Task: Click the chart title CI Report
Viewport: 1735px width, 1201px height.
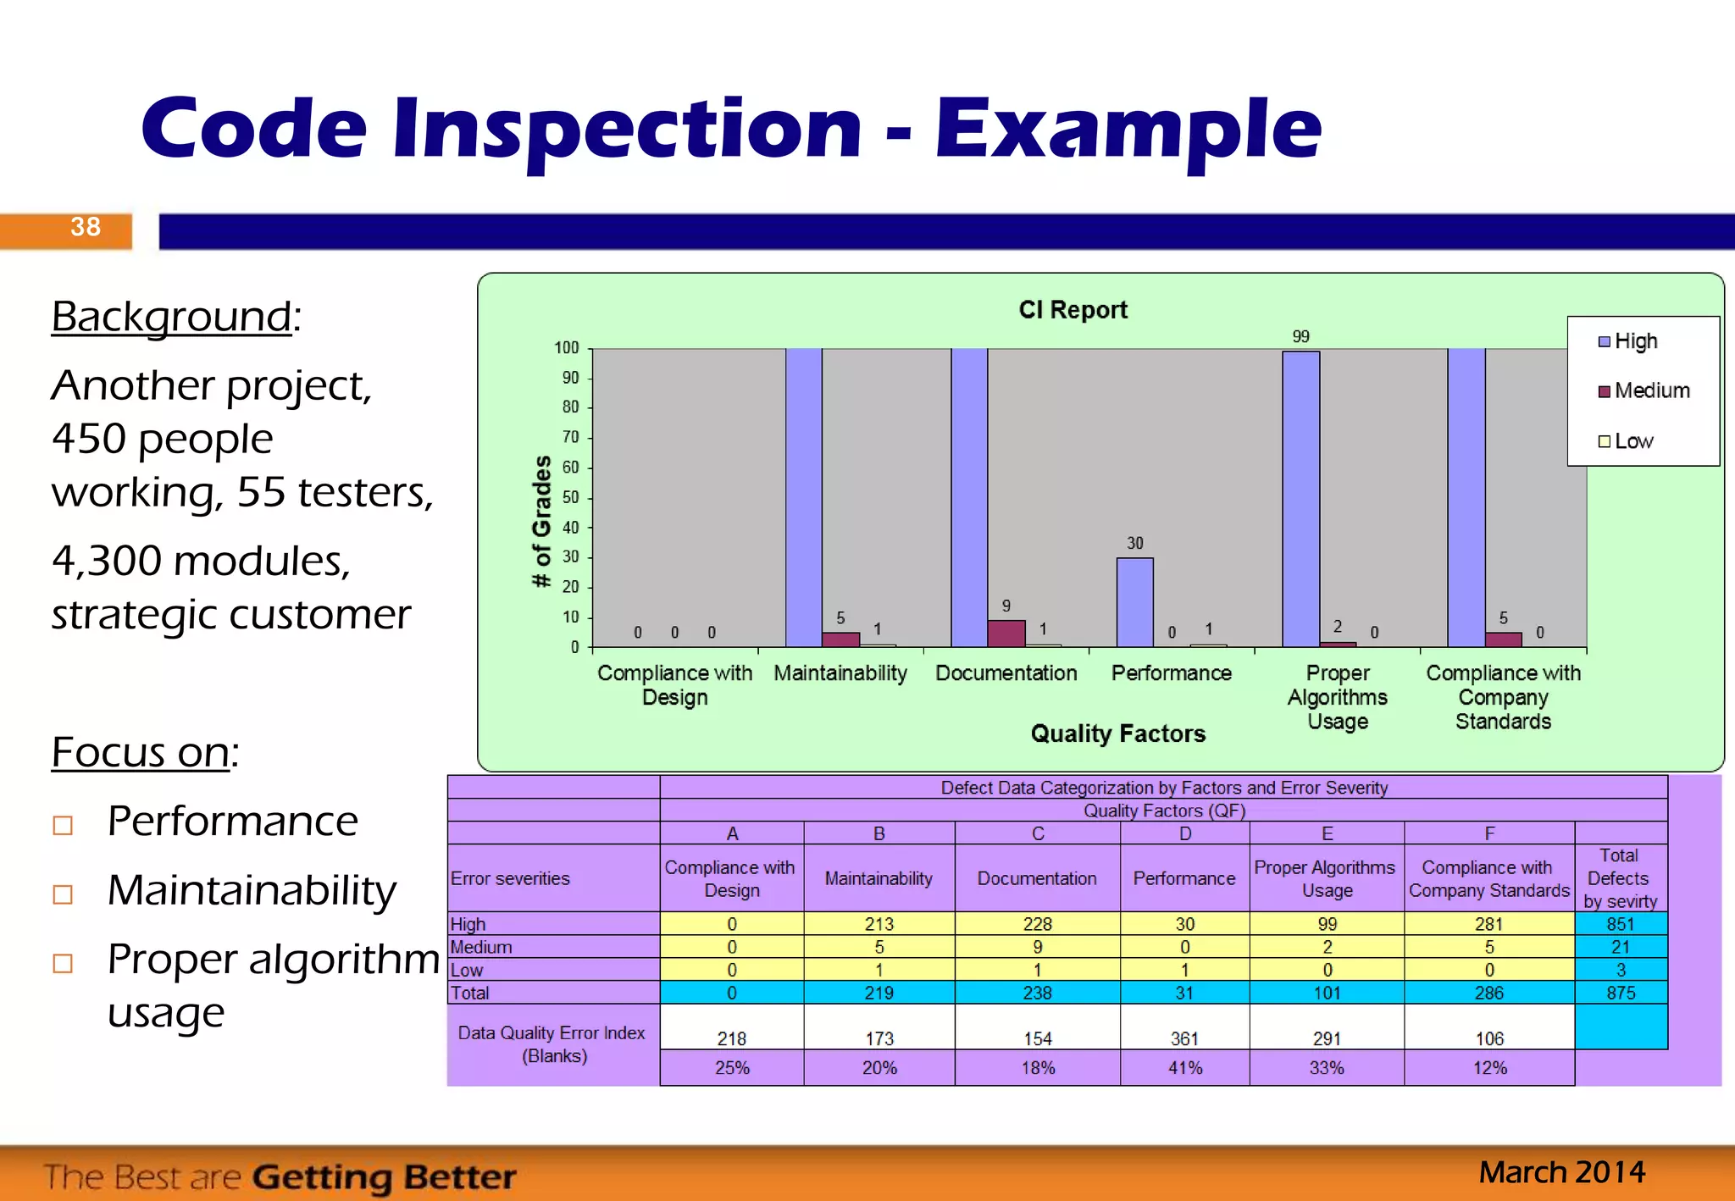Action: coord(1073,310)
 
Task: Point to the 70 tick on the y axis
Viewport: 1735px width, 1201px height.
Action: coord(571,437)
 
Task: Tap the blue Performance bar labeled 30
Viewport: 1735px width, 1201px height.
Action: coord(1134,601)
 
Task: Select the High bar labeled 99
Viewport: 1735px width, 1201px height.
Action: coord(1300,498)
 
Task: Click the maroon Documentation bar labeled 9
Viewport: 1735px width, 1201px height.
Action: coord(1006,634)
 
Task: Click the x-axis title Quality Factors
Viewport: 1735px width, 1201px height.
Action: coord(1117,733)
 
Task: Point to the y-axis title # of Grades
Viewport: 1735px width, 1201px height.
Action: coord(542,522)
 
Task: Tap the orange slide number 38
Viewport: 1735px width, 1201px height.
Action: coord(85,227)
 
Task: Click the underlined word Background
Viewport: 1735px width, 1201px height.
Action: coord(171,317)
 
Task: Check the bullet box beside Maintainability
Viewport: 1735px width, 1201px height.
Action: coord(63,894)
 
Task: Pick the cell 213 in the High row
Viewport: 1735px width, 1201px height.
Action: coord(879,924)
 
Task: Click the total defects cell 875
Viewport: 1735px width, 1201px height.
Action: coord(1620,993)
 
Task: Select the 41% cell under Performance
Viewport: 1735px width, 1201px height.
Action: coord(1184,1068)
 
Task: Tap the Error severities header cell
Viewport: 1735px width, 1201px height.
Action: coord(510,878)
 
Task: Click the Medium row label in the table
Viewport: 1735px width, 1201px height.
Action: coord(481,947)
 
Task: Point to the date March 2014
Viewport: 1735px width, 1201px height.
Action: coord(1561,1172)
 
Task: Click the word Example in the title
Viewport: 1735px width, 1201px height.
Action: coord(1128,129)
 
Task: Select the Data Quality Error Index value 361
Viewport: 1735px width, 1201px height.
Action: coord(1184,1038)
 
